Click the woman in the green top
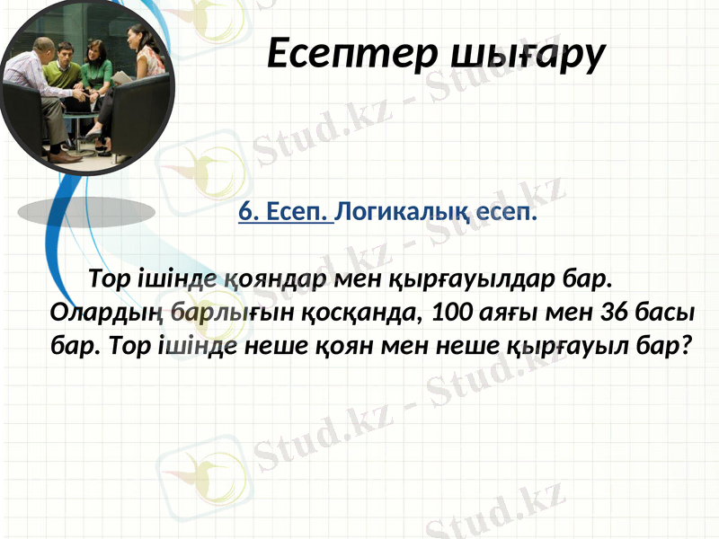97,72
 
